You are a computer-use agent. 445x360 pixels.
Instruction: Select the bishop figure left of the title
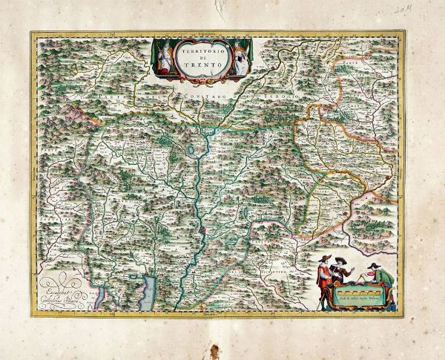click(165, 56)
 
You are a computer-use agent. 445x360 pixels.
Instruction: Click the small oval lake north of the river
click(194, 151)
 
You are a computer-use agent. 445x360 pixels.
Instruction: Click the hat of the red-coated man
click(320, 258)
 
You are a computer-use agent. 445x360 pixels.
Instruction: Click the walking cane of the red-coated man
click(315, 292)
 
